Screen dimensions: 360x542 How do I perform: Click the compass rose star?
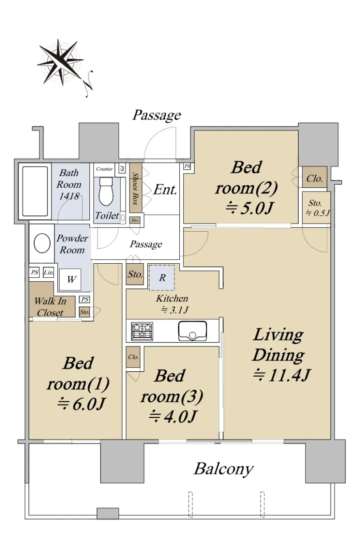coord(60,62)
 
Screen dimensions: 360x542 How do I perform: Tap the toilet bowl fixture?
coord(106,191)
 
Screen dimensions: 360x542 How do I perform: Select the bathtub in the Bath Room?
coord(35,191)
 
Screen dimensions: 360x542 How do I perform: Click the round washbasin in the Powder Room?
coord(42,243)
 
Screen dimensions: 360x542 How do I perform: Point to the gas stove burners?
coord(142,331)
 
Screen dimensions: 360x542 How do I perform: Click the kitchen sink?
coord(192,331)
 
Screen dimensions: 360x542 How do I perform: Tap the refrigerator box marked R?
coord(162,278)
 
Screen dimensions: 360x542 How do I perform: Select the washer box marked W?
coord(70,280)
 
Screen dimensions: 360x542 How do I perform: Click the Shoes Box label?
coord(136,189)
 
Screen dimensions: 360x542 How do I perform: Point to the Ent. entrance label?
coord(165,190)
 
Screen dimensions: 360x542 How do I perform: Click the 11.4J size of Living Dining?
coord(281,376)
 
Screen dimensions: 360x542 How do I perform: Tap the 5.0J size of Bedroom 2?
coord(249,208)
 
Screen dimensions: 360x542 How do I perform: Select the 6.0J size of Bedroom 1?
coord(81,404)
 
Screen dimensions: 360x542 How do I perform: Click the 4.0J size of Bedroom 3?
coord(172,416)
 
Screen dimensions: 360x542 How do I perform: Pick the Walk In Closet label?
coord(50,307)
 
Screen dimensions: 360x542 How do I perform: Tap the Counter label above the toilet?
coord(104,169)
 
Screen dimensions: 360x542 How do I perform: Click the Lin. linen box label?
coord(49,272)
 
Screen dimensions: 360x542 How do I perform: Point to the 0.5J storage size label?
coord(318,213)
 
